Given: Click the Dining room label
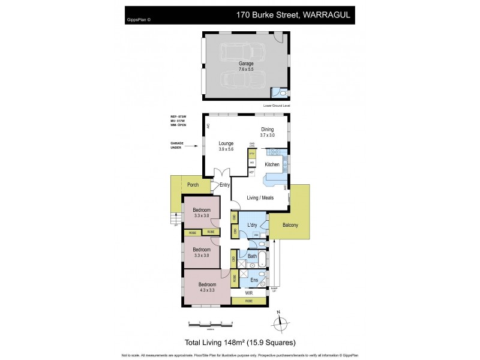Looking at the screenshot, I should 267,129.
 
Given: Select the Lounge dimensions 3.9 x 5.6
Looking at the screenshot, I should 226,149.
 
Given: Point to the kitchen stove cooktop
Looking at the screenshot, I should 275,153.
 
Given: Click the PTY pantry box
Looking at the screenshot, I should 251,154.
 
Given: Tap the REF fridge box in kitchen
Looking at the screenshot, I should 251,172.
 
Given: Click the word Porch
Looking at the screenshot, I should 193,185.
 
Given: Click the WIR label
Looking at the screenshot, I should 248,293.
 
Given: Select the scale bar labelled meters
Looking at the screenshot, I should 210,324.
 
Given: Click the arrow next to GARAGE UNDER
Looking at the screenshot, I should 195,145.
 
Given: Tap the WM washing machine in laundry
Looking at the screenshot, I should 256,235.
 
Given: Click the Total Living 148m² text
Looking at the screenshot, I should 239,343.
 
